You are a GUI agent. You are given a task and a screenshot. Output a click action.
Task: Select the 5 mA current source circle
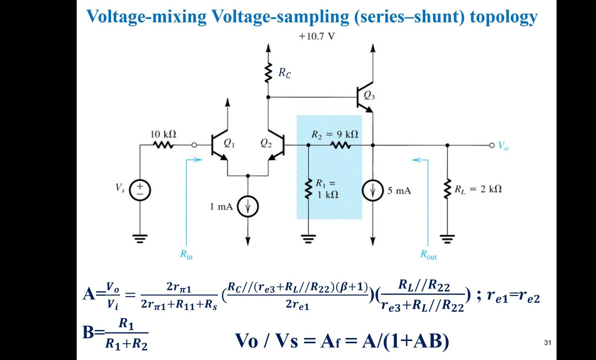coord(373,191)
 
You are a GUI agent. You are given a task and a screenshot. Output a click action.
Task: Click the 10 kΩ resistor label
coord(163,134)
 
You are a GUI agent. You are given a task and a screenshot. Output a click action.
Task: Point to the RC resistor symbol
coord(267,73)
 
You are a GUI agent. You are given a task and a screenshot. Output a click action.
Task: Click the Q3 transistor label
coord(369,96)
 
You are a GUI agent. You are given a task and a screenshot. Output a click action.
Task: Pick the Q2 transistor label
coord(266,143)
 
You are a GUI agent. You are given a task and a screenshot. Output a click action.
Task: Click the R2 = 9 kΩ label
coord(335,134)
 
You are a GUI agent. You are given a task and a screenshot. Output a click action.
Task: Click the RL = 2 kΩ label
coord(478,189)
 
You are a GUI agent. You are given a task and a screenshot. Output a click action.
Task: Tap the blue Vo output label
coord(503,146)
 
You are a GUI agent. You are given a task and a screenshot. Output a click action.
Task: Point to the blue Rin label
coord(186,255)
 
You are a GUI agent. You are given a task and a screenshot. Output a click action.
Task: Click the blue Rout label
coord(428,255)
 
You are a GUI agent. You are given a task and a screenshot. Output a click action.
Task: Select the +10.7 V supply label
coord(316,36)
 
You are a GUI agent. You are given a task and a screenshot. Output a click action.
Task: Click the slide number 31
coord(547,343)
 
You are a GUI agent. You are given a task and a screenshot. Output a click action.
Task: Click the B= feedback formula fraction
coord(126,334)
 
